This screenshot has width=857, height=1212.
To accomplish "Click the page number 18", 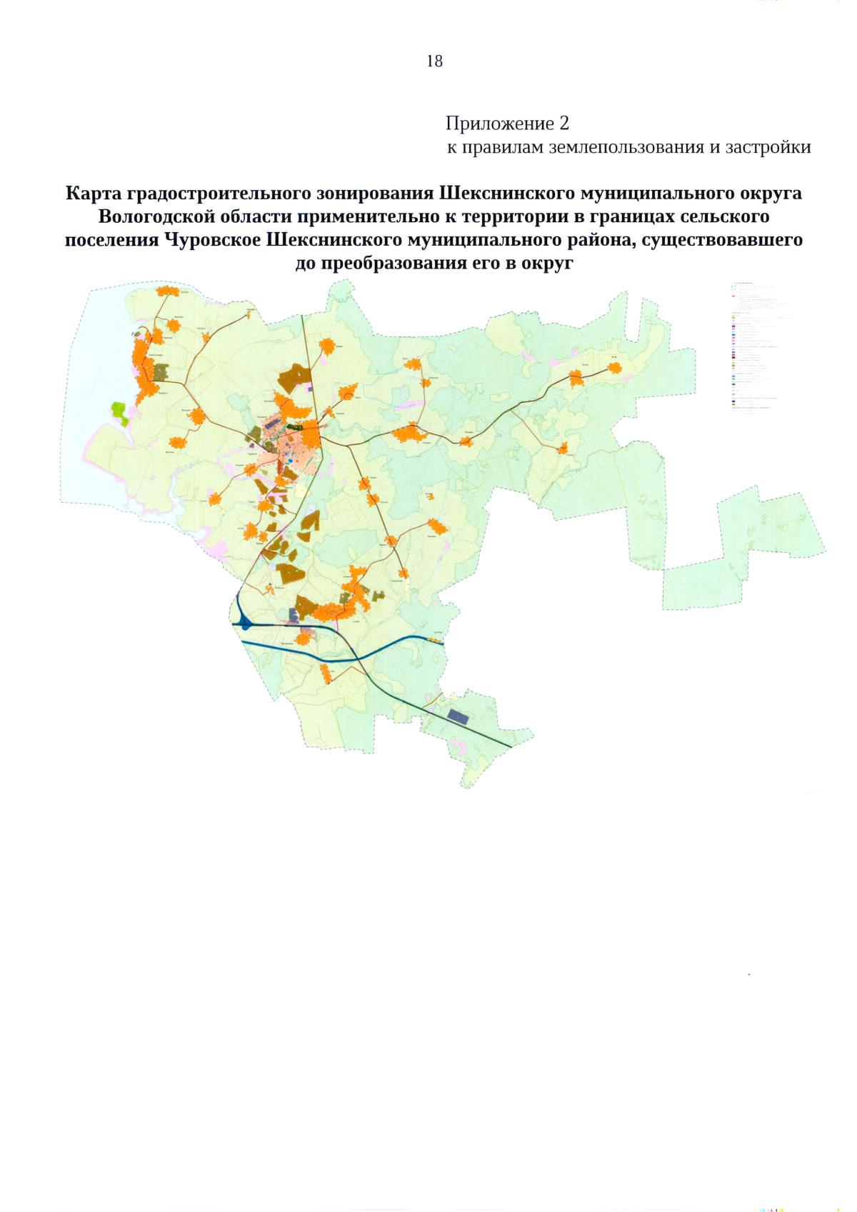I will (x=434, y=61).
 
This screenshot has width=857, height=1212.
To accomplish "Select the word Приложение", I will (x=499, y=124).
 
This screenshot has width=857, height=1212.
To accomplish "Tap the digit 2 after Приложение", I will (x=564, y=124).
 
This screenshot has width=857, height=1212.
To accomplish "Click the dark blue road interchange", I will (x=246, y=624).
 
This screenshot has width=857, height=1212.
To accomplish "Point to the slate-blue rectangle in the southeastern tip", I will (x=458, y=716).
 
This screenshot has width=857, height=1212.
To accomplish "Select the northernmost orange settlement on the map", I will (x=168, y=291).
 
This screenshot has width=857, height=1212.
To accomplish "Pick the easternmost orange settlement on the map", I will (x=613, y=368).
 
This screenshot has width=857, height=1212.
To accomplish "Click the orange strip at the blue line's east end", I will (x=434, y=639).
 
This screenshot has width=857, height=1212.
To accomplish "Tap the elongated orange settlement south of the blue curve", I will (x=326, y=672).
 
